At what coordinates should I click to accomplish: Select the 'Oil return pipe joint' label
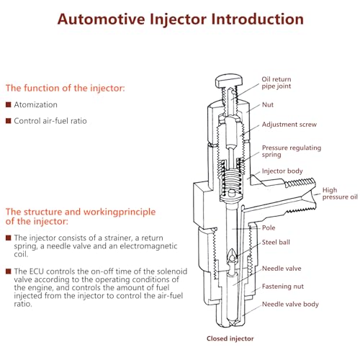tap(276, 83)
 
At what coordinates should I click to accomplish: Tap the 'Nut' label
tap(268, 105)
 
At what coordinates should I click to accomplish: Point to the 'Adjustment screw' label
tap(289, 125)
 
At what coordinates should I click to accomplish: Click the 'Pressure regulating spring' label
tap(292, 151)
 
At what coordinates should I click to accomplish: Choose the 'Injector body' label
tap(282, 171)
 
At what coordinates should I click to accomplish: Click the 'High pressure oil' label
tap(340, 194)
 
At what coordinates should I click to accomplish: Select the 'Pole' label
tap(269, 228)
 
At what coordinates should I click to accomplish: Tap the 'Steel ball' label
tap(276, 243)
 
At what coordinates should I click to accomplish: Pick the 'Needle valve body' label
tap(290, 305)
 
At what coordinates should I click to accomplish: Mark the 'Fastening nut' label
tap(283, 287)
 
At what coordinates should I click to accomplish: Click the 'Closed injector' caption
tap(230, 338)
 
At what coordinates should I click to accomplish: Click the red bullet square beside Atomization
tap(9, 104)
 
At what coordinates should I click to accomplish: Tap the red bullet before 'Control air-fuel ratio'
tap(9, 121)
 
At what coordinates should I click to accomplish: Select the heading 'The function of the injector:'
tap(66, 89)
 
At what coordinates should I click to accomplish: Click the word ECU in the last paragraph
tap(36, 271)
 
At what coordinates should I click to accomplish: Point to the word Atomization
tap(35, 104)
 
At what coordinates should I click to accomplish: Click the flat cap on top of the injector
tap(229, 81)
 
